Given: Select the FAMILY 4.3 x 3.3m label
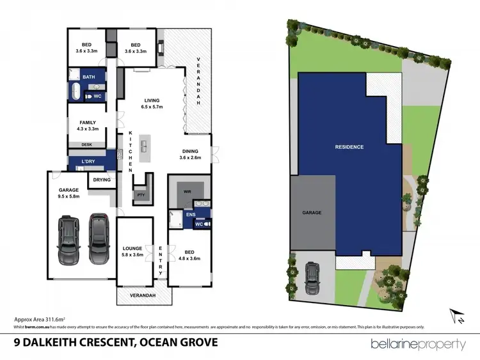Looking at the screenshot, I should [x=88, y=125].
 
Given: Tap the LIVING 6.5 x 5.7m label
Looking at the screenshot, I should [x=152, y=104].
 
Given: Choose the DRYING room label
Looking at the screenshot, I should [x=102, y=180].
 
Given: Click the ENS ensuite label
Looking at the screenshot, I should [x=191, y=215].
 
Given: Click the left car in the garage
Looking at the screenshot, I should [x=68, y=240].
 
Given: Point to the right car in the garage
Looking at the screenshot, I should [x=98, y=238].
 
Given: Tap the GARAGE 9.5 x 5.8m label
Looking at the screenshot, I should [x=68, y=194].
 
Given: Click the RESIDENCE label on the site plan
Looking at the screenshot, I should [x=349, y=147].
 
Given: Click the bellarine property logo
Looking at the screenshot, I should [x=419, y=343].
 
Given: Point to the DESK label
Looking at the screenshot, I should [x=86, y=145].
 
